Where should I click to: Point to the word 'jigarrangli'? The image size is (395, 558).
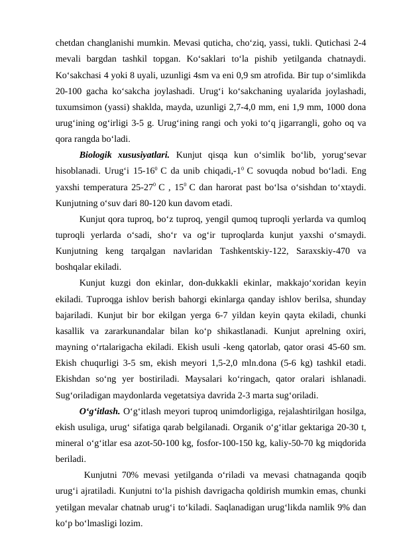(288, 124)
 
